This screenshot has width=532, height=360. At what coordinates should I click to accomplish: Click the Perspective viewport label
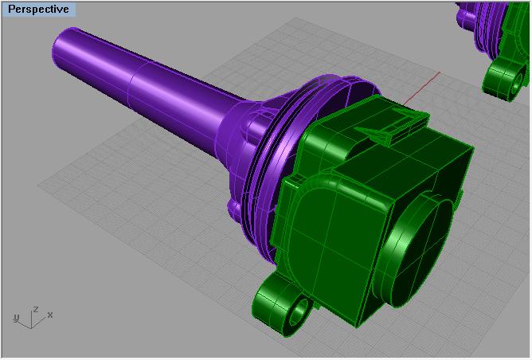[38, 10]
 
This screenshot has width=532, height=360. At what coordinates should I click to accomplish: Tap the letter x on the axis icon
[50, 315]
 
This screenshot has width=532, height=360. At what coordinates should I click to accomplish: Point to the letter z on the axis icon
[35, 310]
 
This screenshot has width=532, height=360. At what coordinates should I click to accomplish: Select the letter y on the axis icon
[16, 318]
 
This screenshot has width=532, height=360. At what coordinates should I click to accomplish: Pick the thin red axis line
[421, 88]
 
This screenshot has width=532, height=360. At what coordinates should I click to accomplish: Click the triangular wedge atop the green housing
[377, 134]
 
